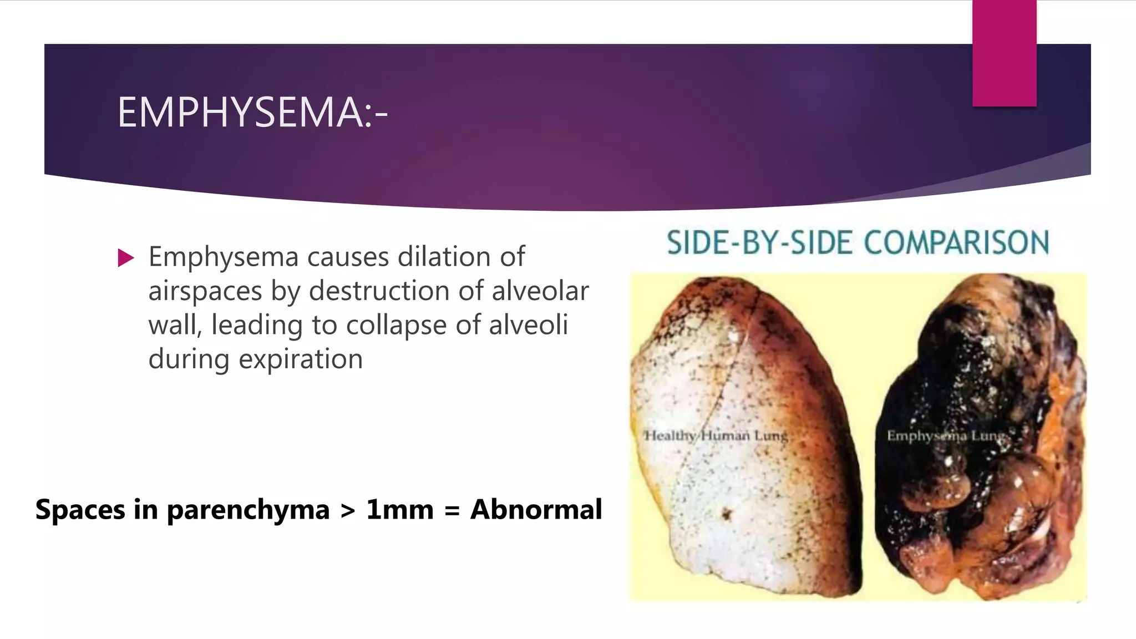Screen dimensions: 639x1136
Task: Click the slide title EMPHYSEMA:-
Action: (252, 113)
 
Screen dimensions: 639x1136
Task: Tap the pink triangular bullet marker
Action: (126, 258)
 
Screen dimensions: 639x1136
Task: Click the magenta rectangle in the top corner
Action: (1004, 53)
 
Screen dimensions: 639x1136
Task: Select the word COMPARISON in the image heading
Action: (956, 243)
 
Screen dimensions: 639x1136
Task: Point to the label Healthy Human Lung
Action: (716, 435)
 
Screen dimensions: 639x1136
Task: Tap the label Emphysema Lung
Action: (946, 435)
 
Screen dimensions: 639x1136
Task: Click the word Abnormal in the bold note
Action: (536, 509)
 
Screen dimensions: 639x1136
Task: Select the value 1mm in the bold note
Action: (399, 509)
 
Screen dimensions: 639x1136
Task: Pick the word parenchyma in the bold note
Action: (248, 509)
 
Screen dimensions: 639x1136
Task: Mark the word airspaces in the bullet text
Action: (205, 291)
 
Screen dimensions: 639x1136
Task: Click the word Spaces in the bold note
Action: (80, 509)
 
